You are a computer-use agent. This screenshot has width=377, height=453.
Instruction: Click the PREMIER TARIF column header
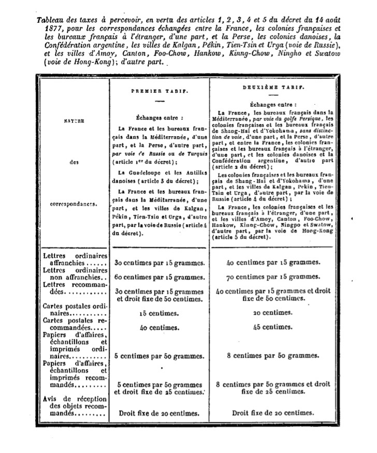click(159, 91)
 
